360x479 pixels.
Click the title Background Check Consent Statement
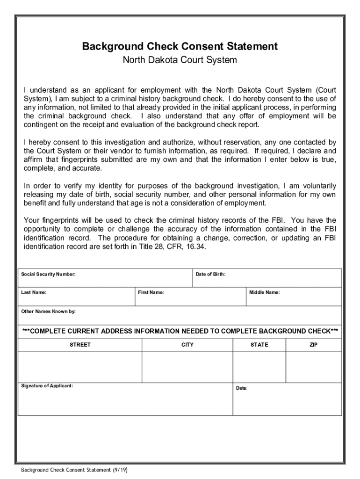(180, 46)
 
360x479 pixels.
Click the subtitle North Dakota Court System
(180, 60)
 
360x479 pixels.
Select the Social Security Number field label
(49, 274)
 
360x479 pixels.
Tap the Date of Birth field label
(210, 274)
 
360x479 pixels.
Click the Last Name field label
(34, 292)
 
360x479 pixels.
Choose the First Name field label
(151, 292)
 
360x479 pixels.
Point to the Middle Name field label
(265, 292)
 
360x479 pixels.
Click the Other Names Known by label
(49, 311)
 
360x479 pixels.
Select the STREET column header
(80, 345)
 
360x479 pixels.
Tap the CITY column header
(187, 345)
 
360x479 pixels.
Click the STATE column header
(259, 345)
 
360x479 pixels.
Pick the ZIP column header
(313, 345)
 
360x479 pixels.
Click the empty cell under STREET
(80, 367)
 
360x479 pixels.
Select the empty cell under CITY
(187, 367)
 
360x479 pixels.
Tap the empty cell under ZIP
(313, 367)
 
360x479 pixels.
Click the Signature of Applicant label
(47, 386)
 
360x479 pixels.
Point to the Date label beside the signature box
(242, 388)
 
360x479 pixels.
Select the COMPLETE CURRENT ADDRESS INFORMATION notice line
(180, 331)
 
